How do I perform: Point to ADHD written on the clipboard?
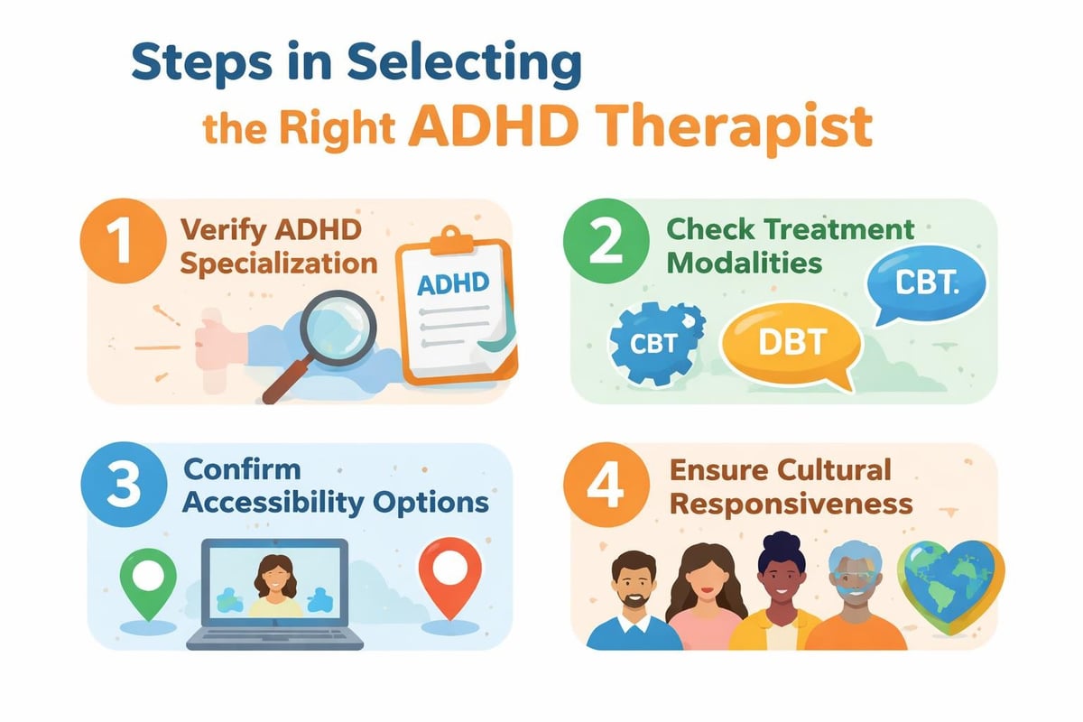click(x=453, y=282)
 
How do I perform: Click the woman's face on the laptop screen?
click(x=273, y=573)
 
